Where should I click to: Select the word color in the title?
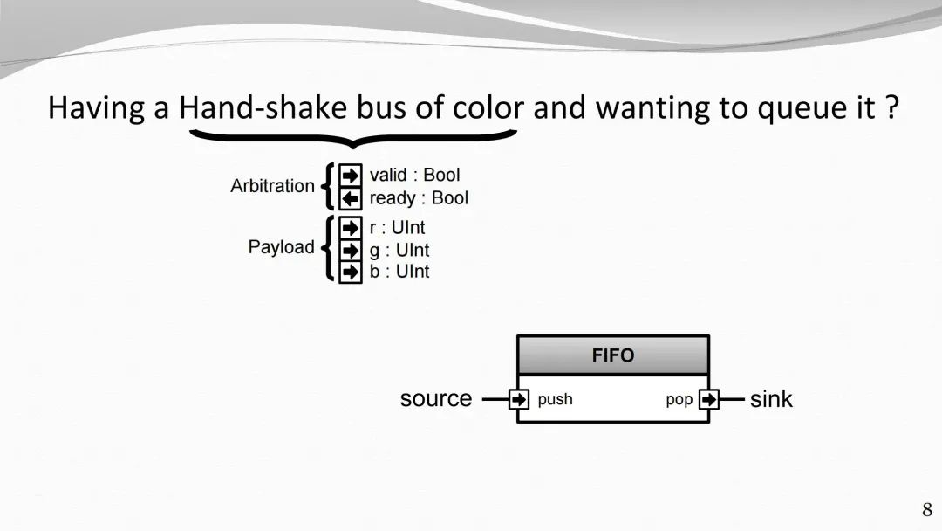click(x=488, y=107)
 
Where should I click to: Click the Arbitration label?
click(x=272, y=186)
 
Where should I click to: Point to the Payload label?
click(x=281, y=246)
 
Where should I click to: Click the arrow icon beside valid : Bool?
click(x=351, y=175)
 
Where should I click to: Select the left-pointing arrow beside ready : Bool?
click(x=351, y=198)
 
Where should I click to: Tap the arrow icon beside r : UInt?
click(x=351, y=228)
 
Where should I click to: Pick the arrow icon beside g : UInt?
click(x=351, y=250)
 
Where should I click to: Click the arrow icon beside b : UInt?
click(x=351, y=272)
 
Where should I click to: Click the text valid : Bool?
click(x=414, y=175)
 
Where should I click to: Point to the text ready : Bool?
click(x=419, y=198)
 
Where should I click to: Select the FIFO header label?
click(x=613, y=355)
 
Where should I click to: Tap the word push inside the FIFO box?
click(x=555, y=399)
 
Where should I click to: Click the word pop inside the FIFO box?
click(x=679, y=400)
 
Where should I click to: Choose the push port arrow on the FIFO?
click(x=518, y=399)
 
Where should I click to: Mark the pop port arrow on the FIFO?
click(x=709, y=399)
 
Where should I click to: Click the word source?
click(x=436, y=399)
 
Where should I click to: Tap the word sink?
click(x=771, y=399)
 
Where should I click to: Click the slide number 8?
click(x=927, y=509)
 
